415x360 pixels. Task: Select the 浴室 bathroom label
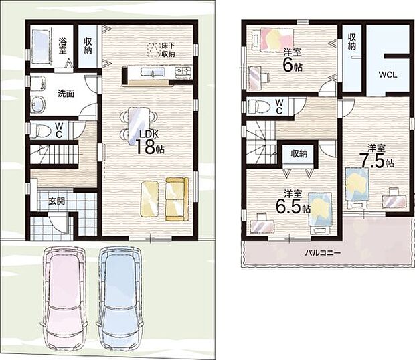[x=63, y=46]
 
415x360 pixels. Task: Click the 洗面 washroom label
[x=66, y=94]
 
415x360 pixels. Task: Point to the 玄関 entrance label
[x=57, y=201]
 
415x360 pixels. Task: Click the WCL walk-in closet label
[x=388, y=75]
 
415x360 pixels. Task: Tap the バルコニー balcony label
[x=323, y=253]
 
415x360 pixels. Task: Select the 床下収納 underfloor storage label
[x=168, y=50]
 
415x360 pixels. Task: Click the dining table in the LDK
[x=139, y=126]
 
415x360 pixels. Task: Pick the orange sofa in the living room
[x=177, y=199]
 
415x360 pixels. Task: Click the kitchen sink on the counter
[x=153, y=72]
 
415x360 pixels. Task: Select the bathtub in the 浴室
[x=41, y=47]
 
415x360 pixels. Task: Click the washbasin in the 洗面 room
[x=38, y=104]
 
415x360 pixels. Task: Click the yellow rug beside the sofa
[x=149, y=199]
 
